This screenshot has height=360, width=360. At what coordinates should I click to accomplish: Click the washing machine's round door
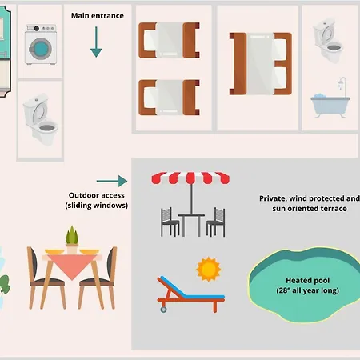click(40, 49)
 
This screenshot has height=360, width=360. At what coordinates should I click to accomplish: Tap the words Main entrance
click(98, 16)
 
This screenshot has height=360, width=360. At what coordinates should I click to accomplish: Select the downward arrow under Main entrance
click(96, 42)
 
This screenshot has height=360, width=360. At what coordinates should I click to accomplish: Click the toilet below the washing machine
click(40, 119)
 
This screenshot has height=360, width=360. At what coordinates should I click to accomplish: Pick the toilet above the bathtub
click(328, 41)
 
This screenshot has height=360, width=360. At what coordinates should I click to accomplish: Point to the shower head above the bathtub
click(342, 83)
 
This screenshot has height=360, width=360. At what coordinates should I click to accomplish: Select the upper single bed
click(169, 40)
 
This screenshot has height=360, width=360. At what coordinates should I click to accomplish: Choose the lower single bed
click(169, 98)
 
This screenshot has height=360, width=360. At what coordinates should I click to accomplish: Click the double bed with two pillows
click(261, 64)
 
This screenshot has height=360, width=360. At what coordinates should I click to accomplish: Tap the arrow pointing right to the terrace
click(112, 181)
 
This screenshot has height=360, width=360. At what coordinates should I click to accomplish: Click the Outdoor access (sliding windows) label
click(97, 200)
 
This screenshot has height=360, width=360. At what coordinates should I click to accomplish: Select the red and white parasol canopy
click(190, 178)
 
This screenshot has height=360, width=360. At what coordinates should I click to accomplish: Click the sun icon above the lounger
click(209, 269)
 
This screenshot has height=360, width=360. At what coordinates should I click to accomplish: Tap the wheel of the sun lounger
click(163, 310)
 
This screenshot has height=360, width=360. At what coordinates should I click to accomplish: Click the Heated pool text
click(308, 281)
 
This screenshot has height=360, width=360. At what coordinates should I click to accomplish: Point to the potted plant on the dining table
click(72, 239)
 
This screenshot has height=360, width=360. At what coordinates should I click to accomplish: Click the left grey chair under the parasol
click(170, 222)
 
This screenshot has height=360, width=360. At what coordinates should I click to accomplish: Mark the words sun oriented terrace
click(310, 209)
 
